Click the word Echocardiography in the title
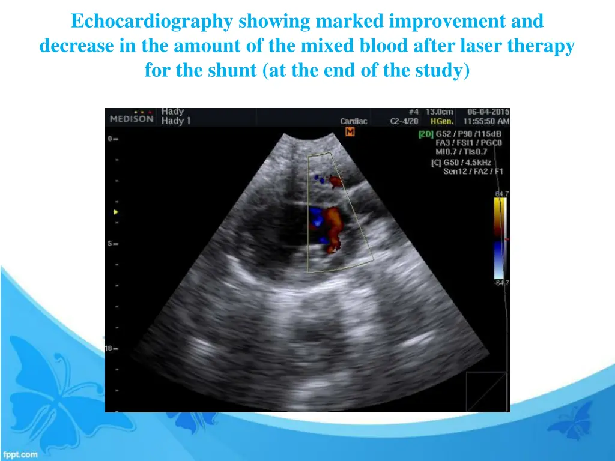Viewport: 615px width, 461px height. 152,22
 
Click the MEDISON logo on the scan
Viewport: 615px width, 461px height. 132,118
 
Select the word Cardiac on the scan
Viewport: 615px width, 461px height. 353,121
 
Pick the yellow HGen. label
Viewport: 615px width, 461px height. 442,121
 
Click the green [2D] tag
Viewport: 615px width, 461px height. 425,134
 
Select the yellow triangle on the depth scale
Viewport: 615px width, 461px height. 116,212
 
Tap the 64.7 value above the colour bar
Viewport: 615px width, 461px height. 501,193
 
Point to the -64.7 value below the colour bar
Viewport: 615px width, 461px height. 501,283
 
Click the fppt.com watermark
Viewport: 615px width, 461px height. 20,454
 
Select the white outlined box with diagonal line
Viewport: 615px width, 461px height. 486,390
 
